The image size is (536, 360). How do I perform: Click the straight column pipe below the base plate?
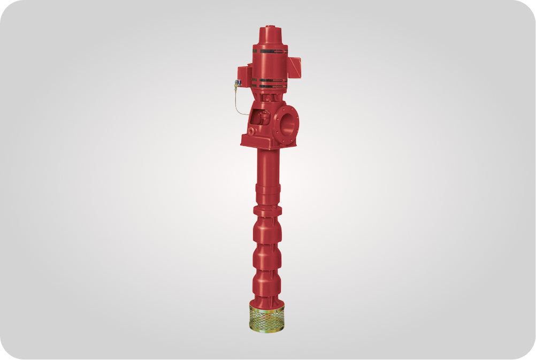point(267,166)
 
